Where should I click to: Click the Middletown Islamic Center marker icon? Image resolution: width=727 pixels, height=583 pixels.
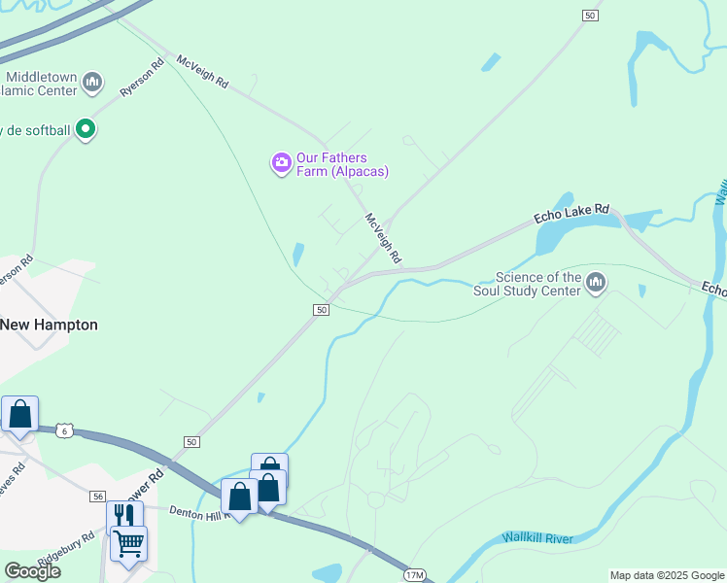pyautogui.click(x=92, y=81)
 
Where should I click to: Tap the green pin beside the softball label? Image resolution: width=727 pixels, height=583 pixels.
pyautogui.click(x=86, y=127)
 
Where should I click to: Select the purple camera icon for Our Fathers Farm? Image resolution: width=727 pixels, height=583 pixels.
pyautogui.click(x=282, y=162)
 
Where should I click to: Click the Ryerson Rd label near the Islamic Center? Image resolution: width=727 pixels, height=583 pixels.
pyautogui.click(x=138, y=79)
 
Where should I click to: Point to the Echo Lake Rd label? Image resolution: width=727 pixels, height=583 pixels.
pyautogui.click(x=571, y=214)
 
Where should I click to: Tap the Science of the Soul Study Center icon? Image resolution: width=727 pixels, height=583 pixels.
pyautogui.click(x=596, y=283)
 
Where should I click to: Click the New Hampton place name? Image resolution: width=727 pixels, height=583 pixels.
pyautogui.click(x=49, y=325)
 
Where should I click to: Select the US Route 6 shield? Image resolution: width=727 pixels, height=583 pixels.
pyautogui.click(x=64, y=429)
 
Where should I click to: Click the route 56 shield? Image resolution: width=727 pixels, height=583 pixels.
pyautogui.click(x=97, y=496)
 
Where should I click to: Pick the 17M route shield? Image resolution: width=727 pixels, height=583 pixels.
pyautogui.click(x=416, y=575)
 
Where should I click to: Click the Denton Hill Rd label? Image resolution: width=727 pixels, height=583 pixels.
pyautogui.click(x=199, y=511)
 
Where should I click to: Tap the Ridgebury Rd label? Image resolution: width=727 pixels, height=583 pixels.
pyautogui.click(x=66, y=550)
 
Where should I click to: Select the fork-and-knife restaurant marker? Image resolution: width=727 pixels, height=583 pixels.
pyautogui.click(x=124, y=515)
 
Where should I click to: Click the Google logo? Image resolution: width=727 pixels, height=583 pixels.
pyautogui.click(x=32, y=571)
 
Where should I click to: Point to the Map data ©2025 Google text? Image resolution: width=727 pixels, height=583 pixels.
pyautogui.click(x=666, y=575)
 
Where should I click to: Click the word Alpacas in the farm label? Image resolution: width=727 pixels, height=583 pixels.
pyautogui.click(x=359, y=171)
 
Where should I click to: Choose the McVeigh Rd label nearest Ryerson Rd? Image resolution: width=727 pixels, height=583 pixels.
pyautogui.click(x=202, y=72)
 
